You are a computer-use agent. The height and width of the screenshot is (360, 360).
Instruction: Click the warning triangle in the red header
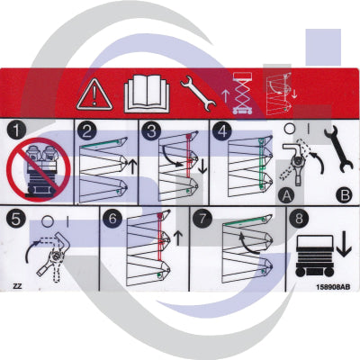[93, 93]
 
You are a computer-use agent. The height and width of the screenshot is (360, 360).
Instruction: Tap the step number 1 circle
[15, 130]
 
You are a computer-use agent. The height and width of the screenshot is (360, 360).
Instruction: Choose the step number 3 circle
[153, 131]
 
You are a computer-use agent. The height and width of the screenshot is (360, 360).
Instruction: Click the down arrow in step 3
[203, 168]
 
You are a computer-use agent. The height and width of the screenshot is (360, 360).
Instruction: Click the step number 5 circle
[15, 218]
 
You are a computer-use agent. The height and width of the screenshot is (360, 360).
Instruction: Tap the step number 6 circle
[112, 219]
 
